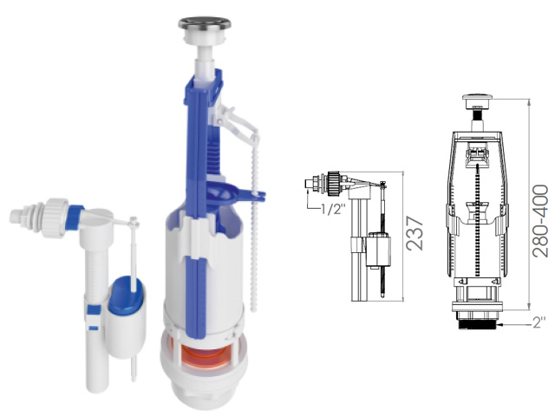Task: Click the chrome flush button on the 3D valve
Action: pos(205,24)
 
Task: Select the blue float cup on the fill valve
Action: pos(127,296)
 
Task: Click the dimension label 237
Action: pos(415,233)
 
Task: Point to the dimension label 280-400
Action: pos(540,220)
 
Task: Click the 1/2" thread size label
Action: pos(333,210)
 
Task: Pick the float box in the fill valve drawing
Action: pos(378,250)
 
